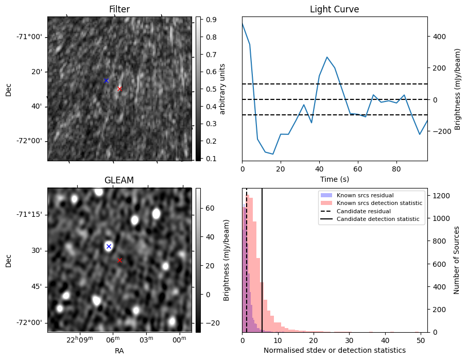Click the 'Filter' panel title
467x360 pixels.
(119, 9)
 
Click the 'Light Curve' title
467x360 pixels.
(334, 9)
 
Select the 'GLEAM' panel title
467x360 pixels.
(119, 180)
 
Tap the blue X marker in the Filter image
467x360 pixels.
(106, 80)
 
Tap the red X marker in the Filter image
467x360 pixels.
(119, 89)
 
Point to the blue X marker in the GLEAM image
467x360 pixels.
(109, 246)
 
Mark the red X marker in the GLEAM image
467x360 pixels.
(119, 260)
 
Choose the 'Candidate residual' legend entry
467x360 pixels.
(362, 211)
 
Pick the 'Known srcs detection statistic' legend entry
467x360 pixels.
(379, 203)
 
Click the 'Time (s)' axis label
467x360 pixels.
(334, 179)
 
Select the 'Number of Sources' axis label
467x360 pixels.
(457, 260)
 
